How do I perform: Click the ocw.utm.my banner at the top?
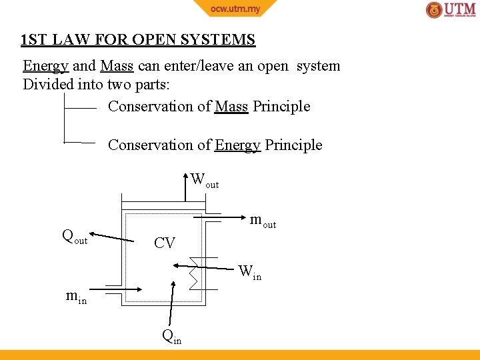pos(235,8)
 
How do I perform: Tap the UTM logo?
pos(451,10)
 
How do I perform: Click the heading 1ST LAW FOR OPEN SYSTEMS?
pos(138,40)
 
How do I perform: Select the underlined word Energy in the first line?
pos(46,66)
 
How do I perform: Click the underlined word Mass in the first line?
pos(117,66)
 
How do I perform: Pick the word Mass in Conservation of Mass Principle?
pos(231,107)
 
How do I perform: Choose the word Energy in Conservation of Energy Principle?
pos(237,145)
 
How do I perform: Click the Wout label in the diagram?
pos(204,180)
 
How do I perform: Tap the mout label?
pos(263,221)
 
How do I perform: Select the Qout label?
pos(74,236)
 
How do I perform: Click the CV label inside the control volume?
pos(165,243)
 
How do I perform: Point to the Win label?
pos(250,272)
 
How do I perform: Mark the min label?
pos(76,297)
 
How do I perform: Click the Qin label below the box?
pos(172,337)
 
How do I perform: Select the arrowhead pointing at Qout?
pos(92,234)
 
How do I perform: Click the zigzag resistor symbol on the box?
pos(193,273)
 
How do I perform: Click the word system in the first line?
pos(318,66)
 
